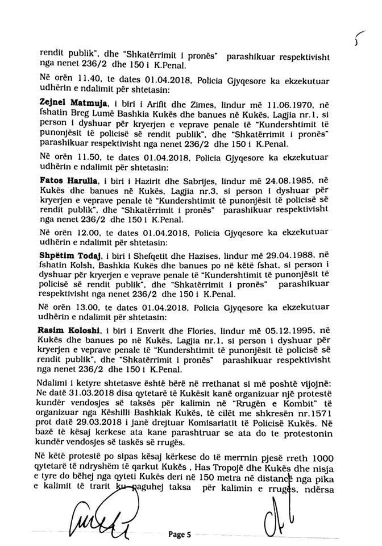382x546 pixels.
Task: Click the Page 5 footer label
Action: click(181, 535)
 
